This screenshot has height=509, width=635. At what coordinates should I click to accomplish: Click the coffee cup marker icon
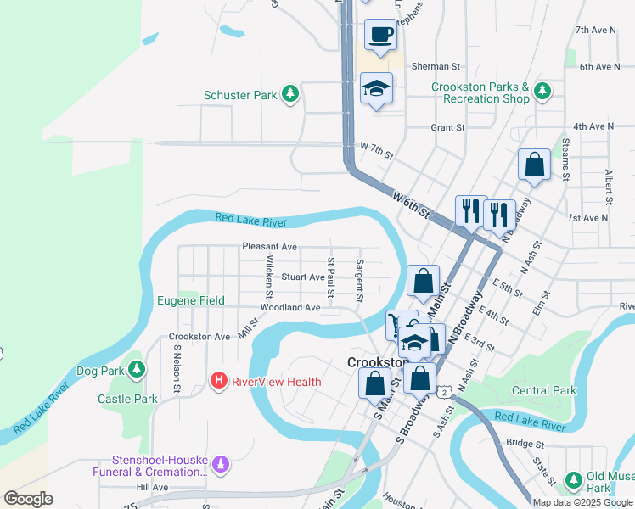point(380,36)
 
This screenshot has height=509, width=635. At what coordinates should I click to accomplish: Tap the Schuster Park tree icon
point(290,94)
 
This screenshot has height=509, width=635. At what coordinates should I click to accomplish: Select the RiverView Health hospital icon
point(219,382)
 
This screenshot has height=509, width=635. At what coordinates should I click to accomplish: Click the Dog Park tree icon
point(135,370)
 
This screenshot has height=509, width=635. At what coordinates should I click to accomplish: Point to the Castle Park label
point(127,399)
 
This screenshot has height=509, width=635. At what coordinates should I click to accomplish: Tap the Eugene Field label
point(191,300)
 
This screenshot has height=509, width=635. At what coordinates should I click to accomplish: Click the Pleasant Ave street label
point(269,247)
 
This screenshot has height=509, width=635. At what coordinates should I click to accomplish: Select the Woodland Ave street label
point(290,307)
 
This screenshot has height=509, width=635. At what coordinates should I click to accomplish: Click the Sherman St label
point(436,66)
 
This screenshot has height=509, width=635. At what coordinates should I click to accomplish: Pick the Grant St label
point(447,127)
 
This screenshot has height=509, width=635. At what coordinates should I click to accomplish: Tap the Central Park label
point(544,391)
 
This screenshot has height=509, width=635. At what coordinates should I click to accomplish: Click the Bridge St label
point(524,443)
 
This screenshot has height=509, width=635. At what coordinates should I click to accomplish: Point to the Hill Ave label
point(152,487)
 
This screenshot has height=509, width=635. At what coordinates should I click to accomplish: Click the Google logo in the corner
point(28,499)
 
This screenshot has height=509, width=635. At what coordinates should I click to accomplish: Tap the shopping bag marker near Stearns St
point(534,165)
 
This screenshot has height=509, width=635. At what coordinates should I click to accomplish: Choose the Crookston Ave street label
point(199,337)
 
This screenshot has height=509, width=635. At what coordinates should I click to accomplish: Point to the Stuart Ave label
point(303,277)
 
